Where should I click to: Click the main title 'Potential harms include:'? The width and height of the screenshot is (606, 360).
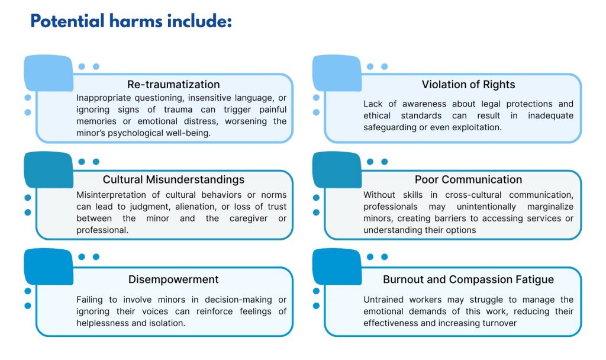[x=131, y=21]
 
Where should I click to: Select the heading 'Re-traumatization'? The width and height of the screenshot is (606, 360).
[x=173, y=84]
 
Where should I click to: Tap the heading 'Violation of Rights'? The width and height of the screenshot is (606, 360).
[x=469, y=84]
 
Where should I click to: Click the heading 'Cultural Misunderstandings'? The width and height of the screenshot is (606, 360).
[x=173, y=179]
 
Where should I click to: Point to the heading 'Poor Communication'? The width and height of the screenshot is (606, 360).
[x=469, y=179]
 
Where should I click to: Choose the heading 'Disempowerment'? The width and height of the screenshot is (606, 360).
[x=173, y=279]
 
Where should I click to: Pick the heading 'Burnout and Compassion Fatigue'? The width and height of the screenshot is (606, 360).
[x=469, y=279]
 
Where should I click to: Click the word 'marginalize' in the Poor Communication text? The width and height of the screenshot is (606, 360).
[x=550, y=207]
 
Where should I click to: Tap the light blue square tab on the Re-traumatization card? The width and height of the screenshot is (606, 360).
[x=49, y=73]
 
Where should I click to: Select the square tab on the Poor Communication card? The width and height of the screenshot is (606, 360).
[x=337, y=170]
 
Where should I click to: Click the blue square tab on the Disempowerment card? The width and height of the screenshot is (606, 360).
[x=49, y=267]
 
